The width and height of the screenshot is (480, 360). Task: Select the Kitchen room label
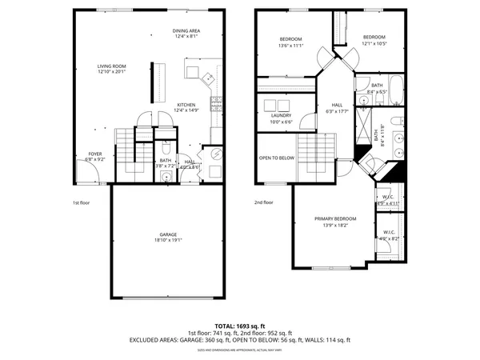187,106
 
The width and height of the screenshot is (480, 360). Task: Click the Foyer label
94,154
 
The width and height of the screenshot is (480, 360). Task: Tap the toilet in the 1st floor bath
165,149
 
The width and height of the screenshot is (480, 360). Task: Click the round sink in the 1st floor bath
166,178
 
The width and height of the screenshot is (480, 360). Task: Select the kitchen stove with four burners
214,102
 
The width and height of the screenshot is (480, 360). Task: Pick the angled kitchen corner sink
206,78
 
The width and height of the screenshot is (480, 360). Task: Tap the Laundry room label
281,115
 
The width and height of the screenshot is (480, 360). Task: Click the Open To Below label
276,158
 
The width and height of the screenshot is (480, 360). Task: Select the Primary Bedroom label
335,218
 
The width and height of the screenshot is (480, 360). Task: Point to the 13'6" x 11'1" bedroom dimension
290,46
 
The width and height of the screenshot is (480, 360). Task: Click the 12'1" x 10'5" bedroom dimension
374,43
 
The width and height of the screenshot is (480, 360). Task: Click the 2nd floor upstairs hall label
338,106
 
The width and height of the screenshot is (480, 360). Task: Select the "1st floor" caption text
80,203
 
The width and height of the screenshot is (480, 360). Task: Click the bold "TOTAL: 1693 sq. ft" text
240,326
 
